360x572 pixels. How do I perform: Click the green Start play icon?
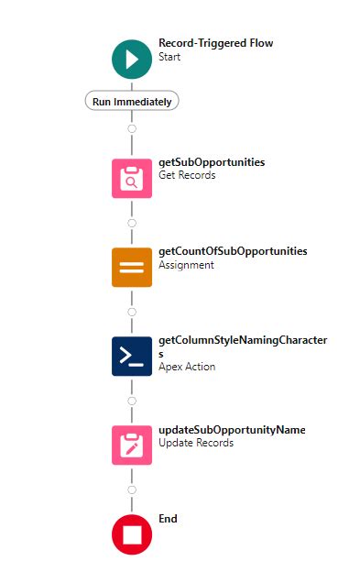132,60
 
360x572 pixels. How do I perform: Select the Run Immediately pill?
132,102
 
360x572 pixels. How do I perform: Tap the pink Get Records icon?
132,178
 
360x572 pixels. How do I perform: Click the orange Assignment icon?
132,267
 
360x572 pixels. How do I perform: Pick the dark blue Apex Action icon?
132,356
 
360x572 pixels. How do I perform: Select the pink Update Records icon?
132,445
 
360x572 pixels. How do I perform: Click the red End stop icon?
132,534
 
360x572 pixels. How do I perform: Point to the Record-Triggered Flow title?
215,43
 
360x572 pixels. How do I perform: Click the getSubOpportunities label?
212,162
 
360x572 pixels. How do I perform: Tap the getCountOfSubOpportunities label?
233,251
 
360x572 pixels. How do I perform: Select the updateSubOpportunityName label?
232,430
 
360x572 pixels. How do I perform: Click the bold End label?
168,519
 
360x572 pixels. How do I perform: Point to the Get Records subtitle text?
187,175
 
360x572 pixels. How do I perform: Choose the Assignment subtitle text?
186,265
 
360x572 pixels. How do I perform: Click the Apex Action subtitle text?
187,367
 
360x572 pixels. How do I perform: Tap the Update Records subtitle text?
195,444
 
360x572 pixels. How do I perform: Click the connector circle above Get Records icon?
132,128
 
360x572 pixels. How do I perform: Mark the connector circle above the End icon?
132,489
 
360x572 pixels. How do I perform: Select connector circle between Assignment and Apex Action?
132,312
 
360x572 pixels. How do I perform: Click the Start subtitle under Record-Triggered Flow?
169,57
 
